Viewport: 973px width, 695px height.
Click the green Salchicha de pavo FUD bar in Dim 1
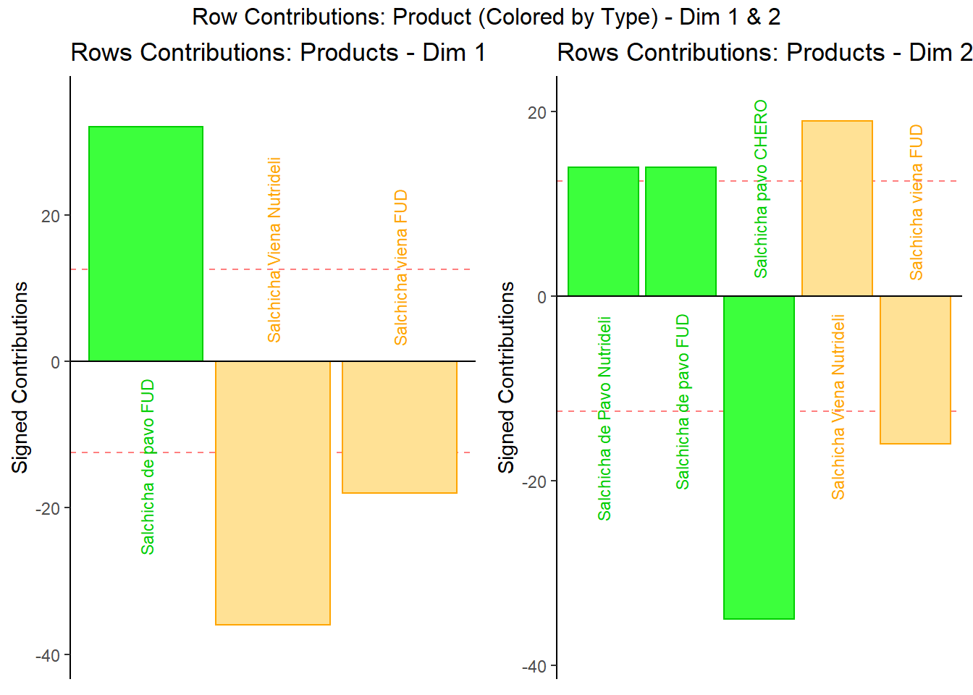tap(146, 244)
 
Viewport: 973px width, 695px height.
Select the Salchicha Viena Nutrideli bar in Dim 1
tap(273, 492)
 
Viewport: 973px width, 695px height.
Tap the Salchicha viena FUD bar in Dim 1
tap(400, 427)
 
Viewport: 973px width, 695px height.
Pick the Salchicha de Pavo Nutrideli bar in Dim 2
tap(603, 232)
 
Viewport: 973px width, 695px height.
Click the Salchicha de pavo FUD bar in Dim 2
tap(681, 232)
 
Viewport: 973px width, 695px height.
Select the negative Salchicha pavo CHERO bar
tap(759, 458)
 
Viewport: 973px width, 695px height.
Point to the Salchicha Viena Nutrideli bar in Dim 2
tap(837, 208)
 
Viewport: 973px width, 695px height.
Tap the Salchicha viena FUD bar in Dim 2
tap(915, 370)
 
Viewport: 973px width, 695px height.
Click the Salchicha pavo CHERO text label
tap(761, 189)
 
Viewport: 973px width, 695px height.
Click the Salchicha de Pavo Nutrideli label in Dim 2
tap(605, 418)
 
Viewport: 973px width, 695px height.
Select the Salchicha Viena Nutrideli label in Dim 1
tap(274, 250)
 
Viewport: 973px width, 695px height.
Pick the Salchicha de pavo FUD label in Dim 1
tap(148, 467)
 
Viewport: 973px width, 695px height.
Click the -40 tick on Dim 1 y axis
tap(48, 655)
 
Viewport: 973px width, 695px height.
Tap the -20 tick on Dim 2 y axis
tap(534, 482)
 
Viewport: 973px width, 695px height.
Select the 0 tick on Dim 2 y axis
tap(542, 297)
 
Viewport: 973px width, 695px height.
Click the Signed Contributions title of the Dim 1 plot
tap(20, 377)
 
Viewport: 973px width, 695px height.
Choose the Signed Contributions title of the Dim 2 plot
tap(507, 377)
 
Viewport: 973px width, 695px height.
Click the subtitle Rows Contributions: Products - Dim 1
tap(278, 53)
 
